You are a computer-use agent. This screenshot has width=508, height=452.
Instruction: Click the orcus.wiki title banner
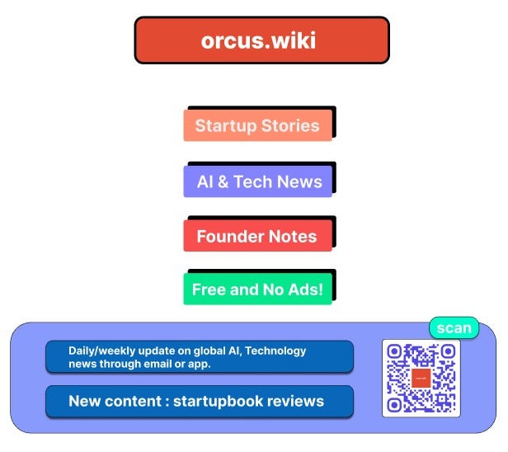point(261,40)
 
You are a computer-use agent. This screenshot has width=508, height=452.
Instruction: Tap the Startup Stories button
point(257,126)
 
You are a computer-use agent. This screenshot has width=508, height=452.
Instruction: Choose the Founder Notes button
point(257,237)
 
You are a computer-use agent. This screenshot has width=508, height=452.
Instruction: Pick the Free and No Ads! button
point(257,290)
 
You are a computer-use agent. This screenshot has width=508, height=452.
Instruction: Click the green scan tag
point(454,327)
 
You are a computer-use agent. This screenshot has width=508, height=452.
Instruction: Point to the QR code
point(421,378)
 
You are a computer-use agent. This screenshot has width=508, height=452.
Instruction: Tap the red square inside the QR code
point(421,379)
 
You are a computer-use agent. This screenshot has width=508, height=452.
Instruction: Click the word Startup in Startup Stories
point(225,126)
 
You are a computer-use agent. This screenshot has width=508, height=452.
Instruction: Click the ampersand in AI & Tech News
point(222,181)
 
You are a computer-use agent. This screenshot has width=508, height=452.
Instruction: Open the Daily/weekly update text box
point(199,356)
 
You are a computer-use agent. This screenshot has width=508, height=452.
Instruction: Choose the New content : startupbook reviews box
point(199,402)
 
